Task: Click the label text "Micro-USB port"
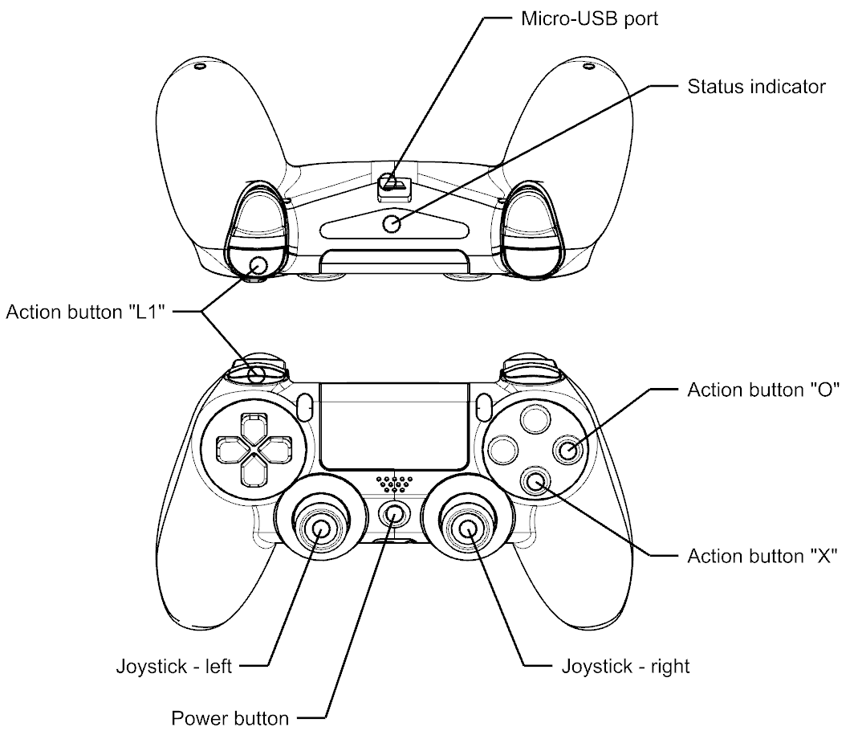(x=584, y=18)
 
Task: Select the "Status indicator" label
(x=756, y=87)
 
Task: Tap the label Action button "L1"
(x=85, y=311)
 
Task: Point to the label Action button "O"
(x=762, y=390)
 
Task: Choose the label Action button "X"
(x=762, y=555)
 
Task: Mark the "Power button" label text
(x=230, y=716)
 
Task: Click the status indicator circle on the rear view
(x=392, y=224)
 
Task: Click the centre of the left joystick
(x=319, y=528)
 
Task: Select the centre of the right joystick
(x=469, y=528)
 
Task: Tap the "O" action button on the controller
(x=567, y=450)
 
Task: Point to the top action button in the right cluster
(x=534, y=418)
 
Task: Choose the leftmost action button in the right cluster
(x=502, y=449)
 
